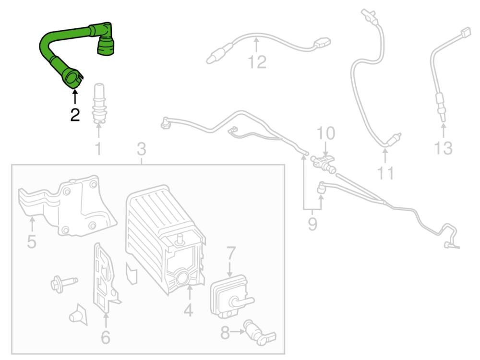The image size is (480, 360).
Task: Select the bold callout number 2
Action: (75, 115)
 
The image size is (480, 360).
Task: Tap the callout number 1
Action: (98, 149)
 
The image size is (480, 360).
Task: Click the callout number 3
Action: (142, 149)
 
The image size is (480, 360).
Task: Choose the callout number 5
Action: (32, 241)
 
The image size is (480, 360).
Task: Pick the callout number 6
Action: (105, 337)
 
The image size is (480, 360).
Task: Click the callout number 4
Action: (188, 310)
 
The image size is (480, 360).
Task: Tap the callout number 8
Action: (225, 333)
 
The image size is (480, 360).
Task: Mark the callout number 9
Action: (312, 224)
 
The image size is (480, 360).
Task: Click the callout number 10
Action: (325, 133)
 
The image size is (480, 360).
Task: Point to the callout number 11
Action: (385, 173)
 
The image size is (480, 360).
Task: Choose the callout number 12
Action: (257, 62)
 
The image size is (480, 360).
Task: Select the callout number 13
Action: (443, 148)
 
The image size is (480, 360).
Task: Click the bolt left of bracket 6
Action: (64, 283)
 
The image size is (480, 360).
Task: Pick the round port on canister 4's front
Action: (182, 278)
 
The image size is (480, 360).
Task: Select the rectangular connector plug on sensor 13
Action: (466, 32)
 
